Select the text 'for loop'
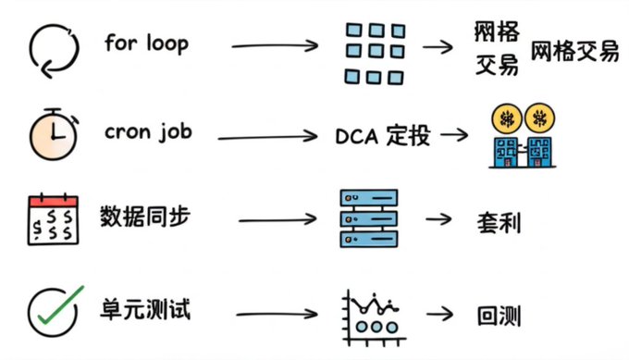click(x=146, y=43)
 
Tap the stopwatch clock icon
click(x=54, y=134)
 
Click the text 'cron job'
click(x=148, y=131)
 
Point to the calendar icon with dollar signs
click(x=53, y=219)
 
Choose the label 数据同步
click(x=145, y=217)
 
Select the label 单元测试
click(x=145, y=309)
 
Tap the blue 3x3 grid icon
click(x=375, y=54)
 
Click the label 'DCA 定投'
click(x=383, y=136)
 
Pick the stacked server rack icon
click(x=369, y=218)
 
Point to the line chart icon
click(x=374, y=318)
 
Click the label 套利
click(x=499, y=223)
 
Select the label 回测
click(x=499, y=316)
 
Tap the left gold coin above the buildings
click(x=507, y=118)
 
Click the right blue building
click(x=539, y=152)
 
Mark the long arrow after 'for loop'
click(x=275, y=45)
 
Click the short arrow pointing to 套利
click(x=438, y=219)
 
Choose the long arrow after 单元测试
click(x=277, y=314)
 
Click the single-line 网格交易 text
click(x=575, y=52)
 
